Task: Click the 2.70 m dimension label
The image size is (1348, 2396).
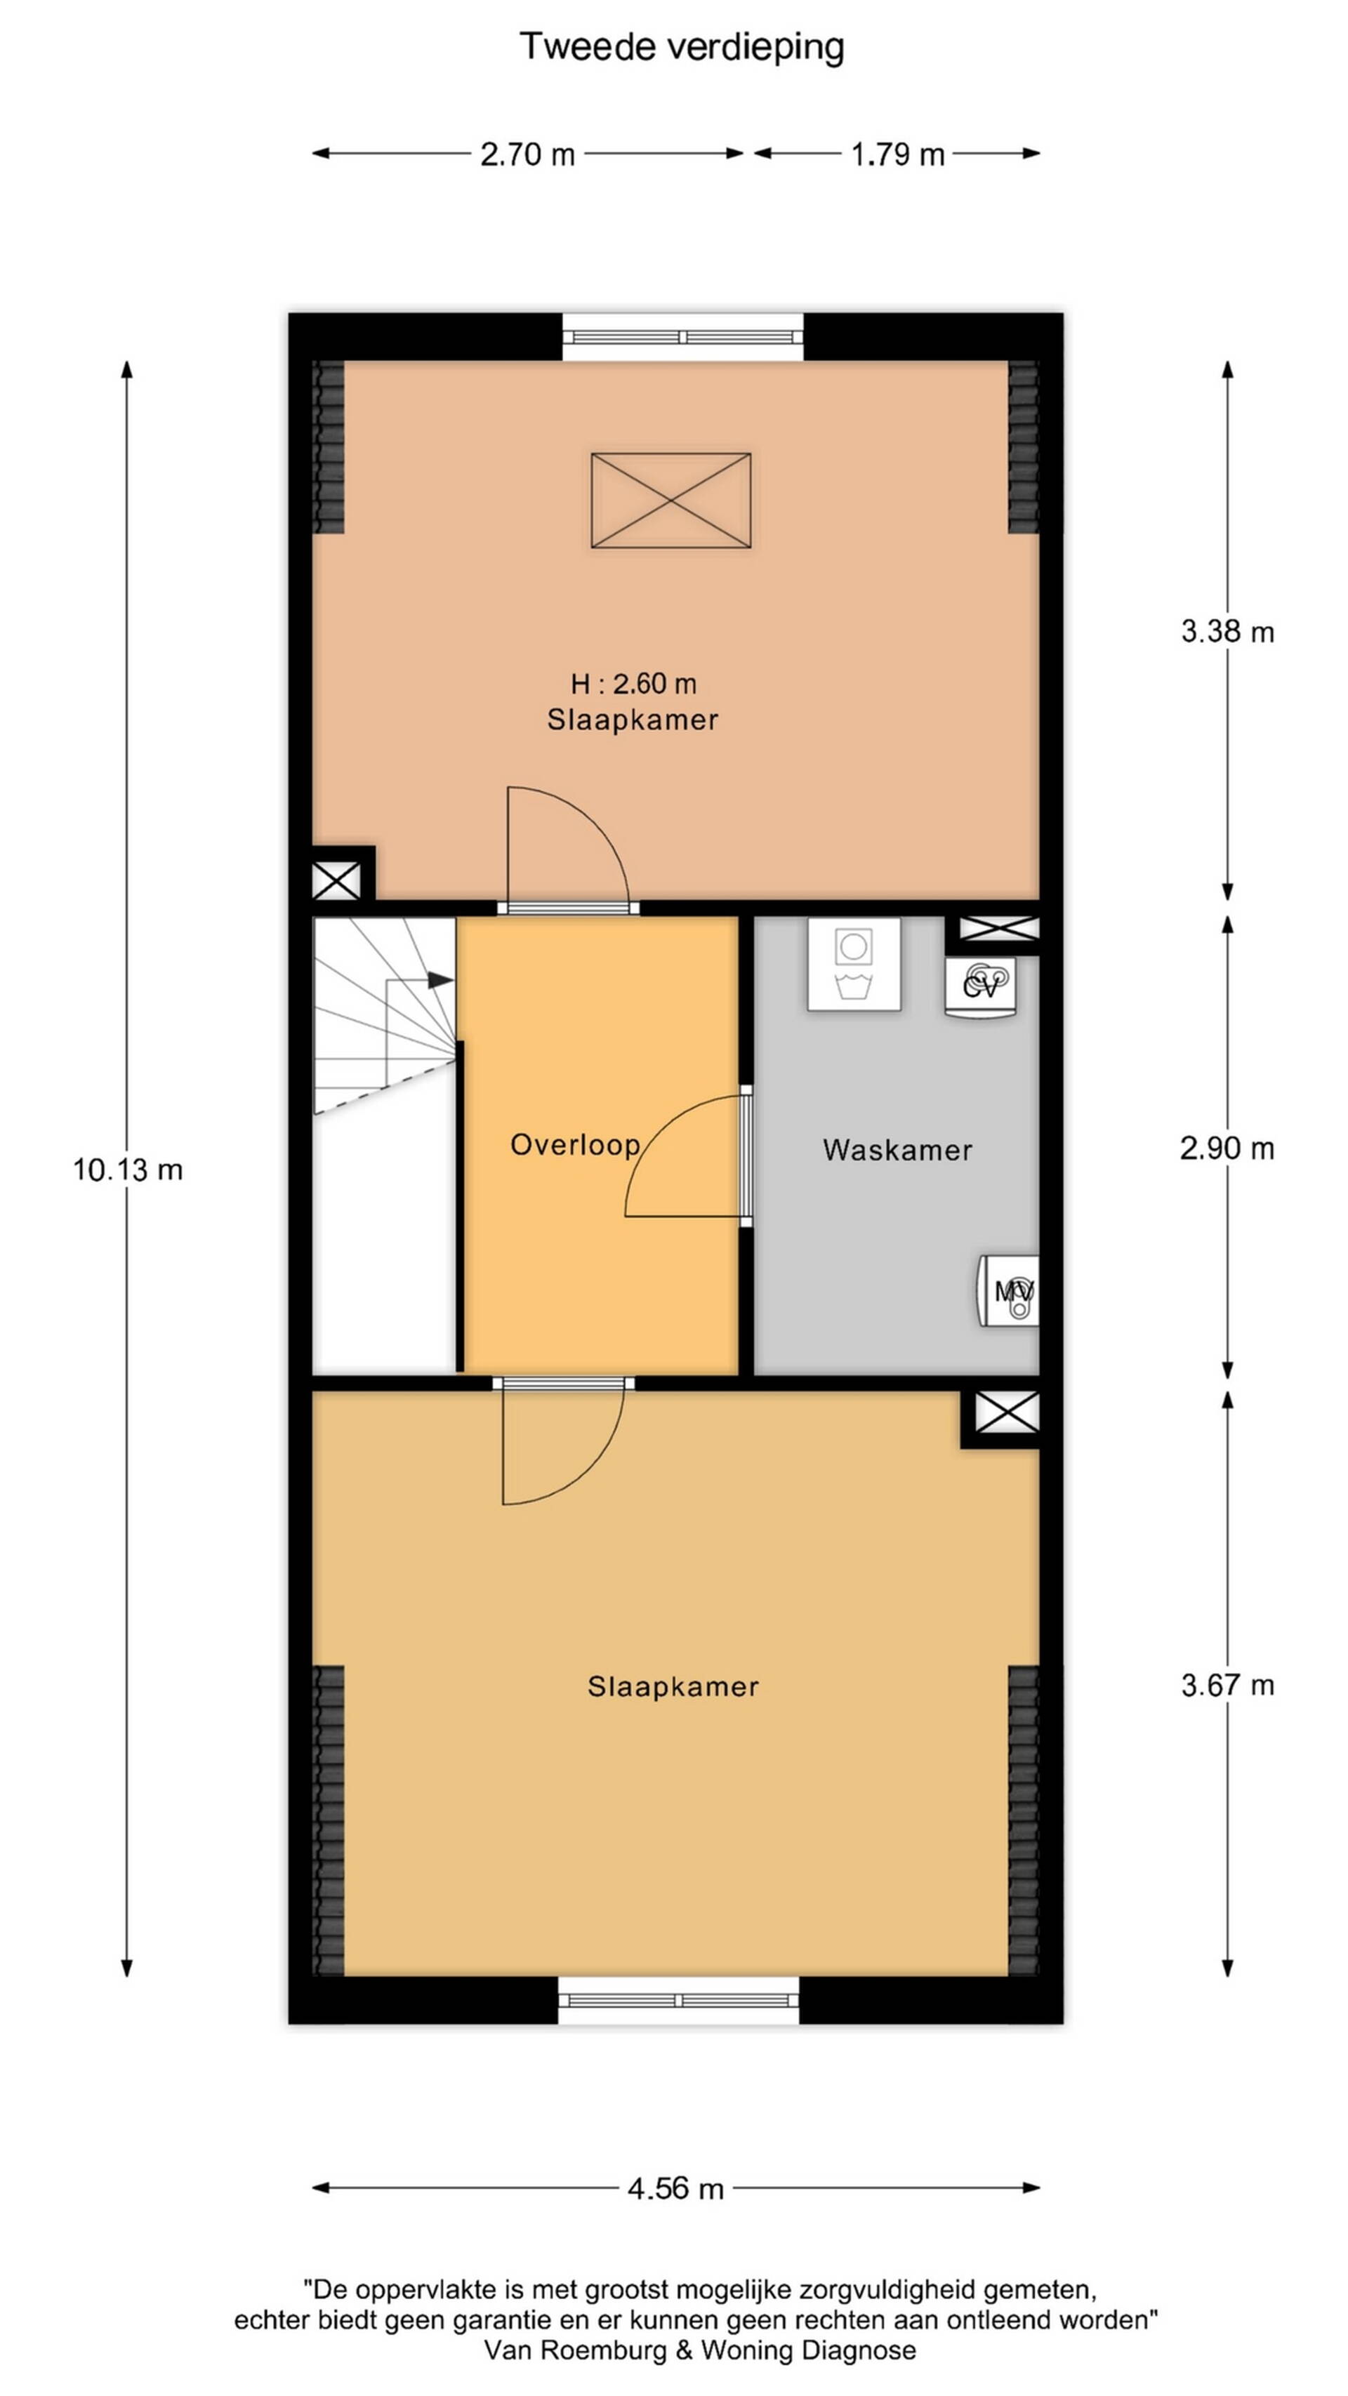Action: [x=527, y=154]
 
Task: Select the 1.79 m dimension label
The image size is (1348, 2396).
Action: [x=898, y=154]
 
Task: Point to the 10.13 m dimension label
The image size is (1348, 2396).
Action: [x=128, y=1170]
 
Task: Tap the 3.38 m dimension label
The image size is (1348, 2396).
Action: [x=1227, y=633]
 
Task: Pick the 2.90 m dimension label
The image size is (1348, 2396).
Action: [x=1227, y=1149]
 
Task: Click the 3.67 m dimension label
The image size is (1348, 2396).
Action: [x=1227, y=1686]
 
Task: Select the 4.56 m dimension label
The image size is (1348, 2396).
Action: [x=675, y=2189]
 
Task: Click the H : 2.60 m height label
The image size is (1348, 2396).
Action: [x=633, y=684]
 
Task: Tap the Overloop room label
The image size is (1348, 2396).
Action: [x=575, y=1145]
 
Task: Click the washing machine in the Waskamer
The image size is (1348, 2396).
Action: [x=854, y=964]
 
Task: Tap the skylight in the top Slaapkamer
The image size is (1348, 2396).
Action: [x=670, y=501]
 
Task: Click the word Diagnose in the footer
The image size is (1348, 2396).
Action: [x=859, y=2350]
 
